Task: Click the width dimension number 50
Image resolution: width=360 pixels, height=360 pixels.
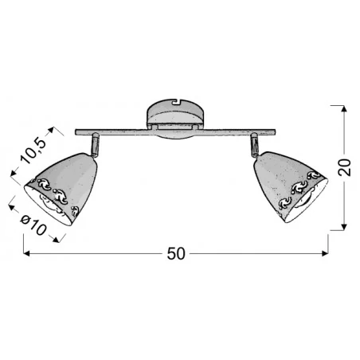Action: [177, 254]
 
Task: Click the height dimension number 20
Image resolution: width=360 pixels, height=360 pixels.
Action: [344, 168]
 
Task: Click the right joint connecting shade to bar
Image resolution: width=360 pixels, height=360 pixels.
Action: [256, 144]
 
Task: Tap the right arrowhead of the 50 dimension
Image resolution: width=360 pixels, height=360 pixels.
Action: [326, 254]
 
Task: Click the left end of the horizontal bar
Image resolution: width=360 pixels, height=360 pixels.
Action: [76, 131]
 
